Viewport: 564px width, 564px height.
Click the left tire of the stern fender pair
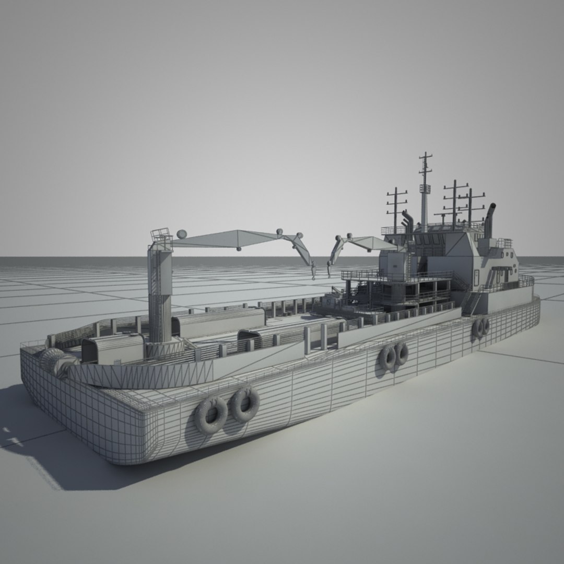coord(211,414)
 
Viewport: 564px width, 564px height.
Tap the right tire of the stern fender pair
coord(245,404)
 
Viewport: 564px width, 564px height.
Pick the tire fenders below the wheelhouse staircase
coord(480,327)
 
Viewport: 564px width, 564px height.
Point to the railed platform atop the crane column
coord(161,236)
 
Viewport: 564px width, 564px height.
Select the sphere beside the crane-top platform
coord(181,234)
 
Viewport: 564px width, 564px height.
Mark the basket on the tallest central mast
coord(425,189)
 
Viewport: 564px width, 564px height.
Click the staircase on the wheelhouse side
coord(473,302)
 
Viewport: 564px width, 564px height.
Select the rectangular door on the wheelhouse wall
coord(476,277)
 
